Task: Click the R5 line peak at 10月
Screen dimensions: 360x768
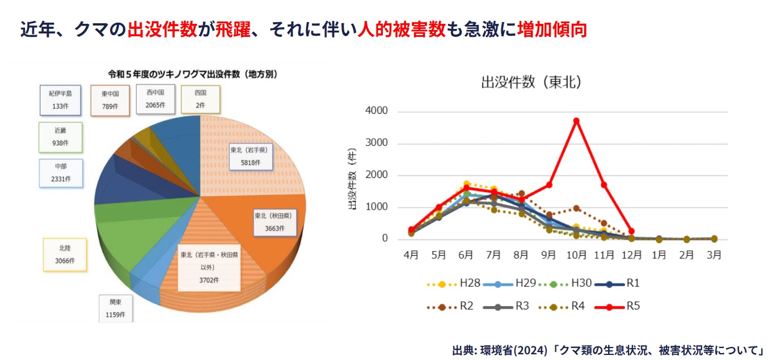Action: point(576,120)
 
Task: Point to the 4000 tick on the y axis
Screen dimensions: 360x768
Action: point(377,111)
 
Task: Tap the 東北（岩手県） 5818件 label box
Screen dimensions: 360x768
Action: point(248,156)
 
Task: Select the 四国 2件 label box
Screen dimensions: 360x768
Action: point(200,99)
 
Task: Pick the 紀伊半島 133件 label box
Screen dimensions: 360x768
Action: point(61,100)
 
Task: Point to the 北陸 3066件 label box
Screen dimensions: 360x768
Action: point(65,254)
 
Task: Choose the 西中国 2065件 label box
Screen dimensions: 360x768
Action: point(155,99)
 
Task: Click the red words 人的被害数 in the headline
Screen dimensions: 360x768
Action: point(402,29)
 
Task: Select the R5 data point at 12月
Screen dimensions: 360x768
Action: point(631,231)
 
